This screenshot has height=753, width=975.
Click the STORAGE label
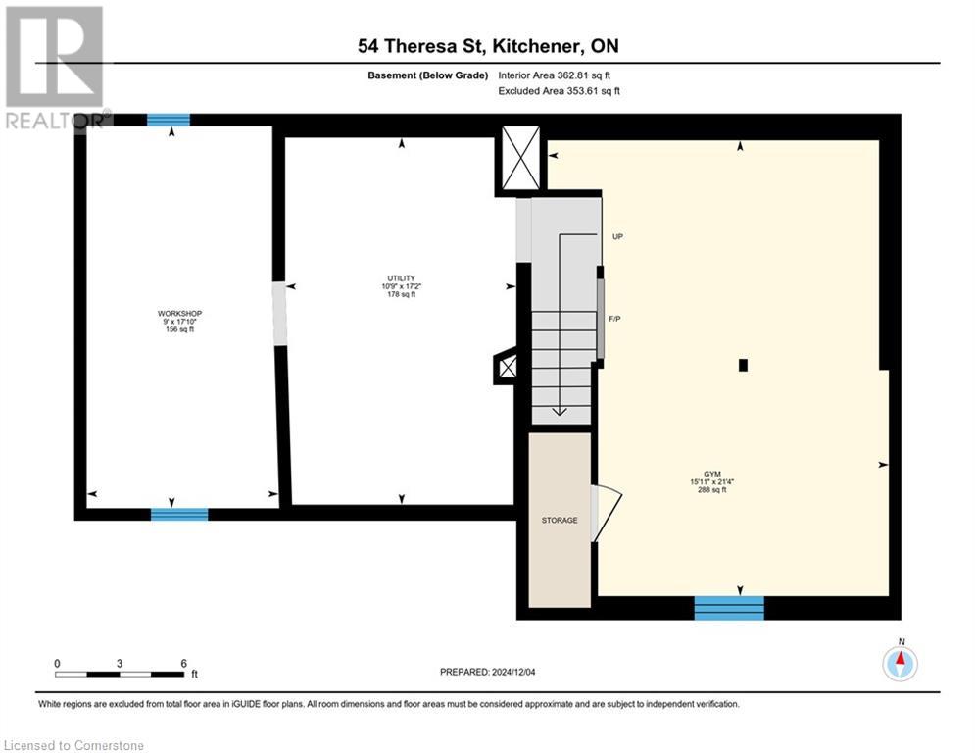pyautogui.click(x=560, y=521)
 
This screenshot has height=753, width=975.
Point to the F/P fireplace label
pyautogui.click(x=614, y=320)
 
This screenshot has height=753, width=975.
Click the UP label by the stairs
pyautogui.click(x=617, y=237)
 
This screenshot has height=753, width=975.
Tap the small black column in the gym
pyautogui.click(x=743, y=366)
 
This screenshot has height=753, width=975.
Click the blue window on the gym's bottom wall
pyautogui.click(x=728, y=608)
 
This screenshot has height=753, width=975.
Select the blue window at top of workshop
pyautogui.click(x=168, y=120)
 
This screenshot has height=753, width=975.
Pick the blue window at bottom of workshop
pyautogui.click(x=178, y=514)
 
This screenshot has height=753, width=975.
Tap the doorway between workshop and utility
pyautogui.click(x=280, y=313)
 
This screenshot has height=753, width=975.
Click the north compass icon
pyautogui.click(x=900, y=664)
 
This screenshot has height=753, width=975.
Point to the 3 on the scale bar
pyautogui.click(x=120, y=664)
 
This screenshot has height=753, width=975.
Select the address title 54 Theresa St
pyautogui.click(x=487, y=46)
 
